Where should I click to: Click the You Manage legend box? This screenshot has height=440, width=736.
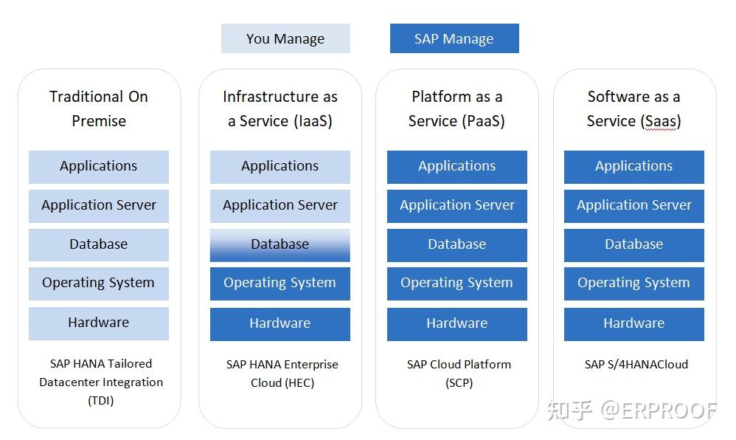tap(285, 38)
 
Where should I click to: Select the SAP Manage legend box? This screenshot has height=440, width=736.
tap(454, 38)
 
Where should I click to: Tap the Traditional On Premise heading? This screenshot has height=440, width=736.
tap(99, 109)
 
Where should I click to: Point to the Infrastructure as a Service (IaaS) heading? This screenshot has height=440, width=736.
tap(280, 109)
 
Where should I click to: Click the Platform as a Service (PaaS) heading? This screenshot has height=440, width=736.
tap(457, 109)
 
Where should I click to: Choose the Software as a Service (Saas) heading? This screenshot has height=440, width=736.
tap(634, 109)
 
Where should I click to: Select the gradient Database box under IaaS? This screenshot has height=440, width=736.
tap(280, 244)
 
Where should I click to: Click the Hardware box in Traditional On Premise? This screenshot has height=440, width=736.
tap(99, 323)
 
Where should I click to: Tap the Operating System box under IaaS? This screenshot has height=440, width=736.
tap(280, 283)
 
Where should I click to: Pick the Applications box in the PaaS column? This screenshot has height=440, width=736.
tap(457, 167)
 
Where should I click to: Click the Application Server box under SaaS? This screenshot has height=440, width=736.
tap(634, 205)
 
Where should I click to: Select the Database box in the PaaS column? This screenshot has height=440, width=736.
tap(457, 244)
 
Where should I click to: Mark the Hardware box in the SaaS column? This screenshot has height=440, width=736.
tap(634, 323)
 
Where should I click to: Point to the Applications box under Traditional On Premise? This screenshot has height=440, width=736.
tap(99, 167)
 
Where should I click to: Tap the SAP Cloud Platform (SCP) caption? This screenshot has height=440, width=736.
tap(459, 373)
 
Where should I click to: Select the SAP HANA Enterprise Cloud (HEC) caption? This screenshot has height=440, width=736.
tap(282, 373)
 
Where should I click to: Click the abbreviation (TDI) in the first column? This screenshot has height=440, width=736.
tap(101, 401)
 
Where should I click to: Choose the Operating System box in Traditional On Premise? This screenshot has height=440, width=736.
tap(99, 283)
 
